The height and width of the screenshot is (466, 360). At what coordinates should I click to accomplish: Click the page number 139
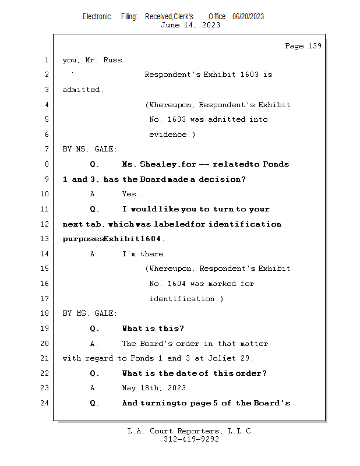[x=315, y=46]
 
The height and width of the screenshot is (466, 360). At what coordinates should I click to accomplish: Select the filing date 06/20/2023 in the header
[x=248, y=17]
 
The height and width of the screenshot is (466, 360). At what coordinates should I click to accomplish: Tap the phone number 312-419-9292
[x=191, y=439]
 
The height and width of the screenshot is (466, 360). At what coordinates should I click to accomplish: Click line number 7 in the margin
[x=47, y=149]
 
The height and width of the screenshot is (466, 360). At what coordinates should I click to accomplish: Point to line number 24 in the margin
[x=45, y=403]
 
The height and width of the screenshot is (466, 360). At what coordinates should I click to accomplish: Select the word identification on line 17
[x=182, y=299]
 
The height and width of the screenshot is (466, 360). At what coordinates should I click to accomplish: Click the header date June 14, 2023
[x=190, y=25]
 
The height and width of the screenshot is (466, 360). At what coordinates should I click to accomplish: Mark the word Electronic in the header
[x=97, y=17]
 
